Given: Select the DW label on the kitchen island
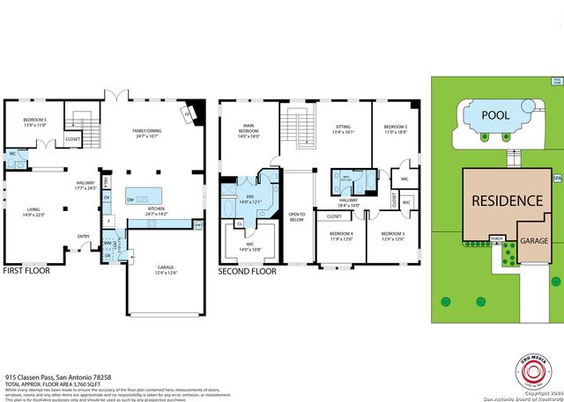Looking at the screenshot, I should click(x=131, y=199).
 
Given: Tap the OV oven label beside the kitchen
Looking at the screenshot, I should click(x=107, y=198).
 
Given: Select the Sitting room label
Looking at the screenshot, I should click(x=343, y=129).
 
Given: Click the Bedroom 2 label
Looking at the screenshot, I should click(x=394, y=129).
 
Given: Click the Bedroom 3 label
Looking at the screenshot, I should click(x=393, y=235).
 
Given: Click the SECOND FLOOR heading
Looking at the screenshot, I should click(x=248, y=272).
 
